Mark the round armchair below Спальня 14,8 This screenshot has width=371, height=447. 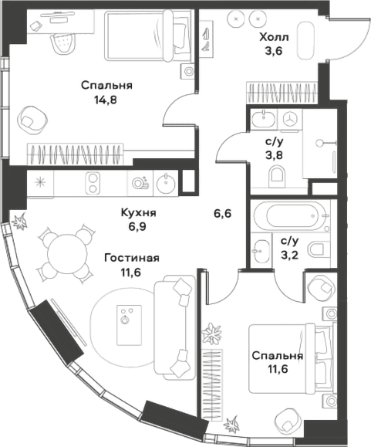click(32, 118)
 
